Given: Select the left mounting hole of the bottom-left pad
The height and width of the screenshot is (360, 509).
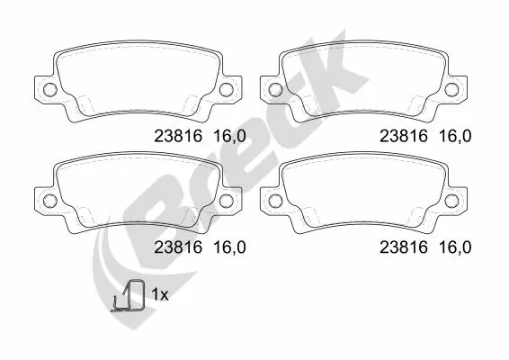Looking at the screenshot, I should (x=49, y=200).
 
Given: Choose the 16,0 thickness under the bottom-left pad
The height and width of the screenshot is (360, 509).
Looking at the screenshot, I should (x=229, y=246).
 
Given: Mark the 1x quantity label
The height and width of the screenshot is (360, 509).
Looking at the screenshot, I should (x=159, y=294).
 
